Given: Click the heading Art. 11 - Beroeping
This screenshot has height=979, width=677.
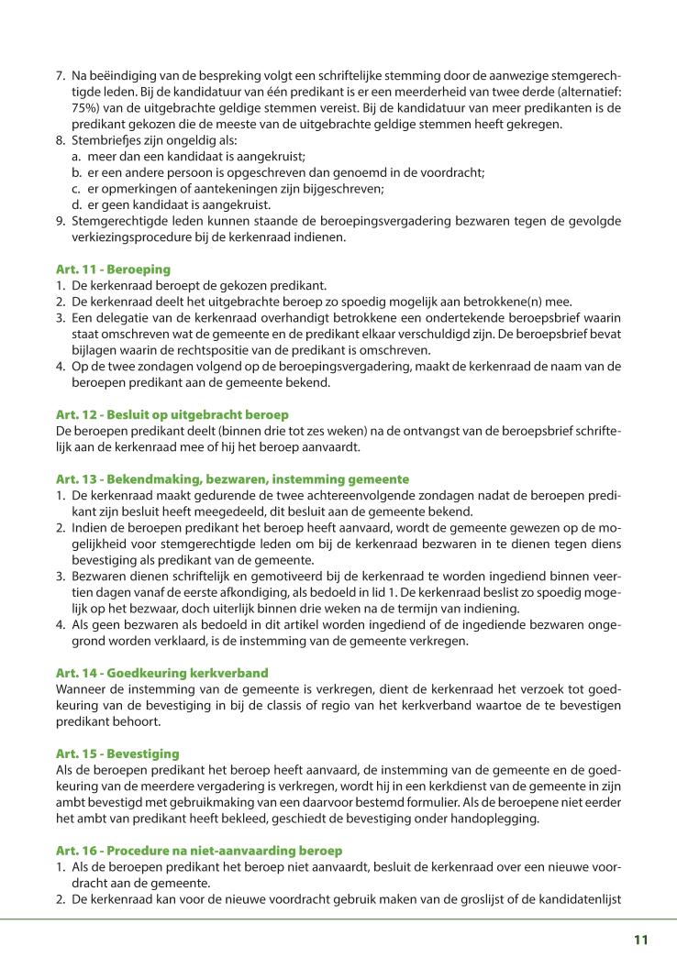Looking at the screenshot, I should (113, 270).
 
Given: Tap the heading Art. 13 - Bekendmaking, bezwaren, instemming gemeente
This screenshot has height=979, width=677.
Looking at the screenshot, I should (232, 479).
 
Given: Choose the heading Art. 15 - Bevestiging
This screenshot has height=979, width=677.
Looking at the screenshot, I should (117, 753).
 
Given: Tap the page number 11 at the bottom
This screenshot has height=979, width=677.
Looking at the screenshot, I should (640, 940).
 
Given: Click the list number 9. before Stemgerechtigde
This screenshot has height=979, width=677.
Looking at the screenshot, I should (61, 220).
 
